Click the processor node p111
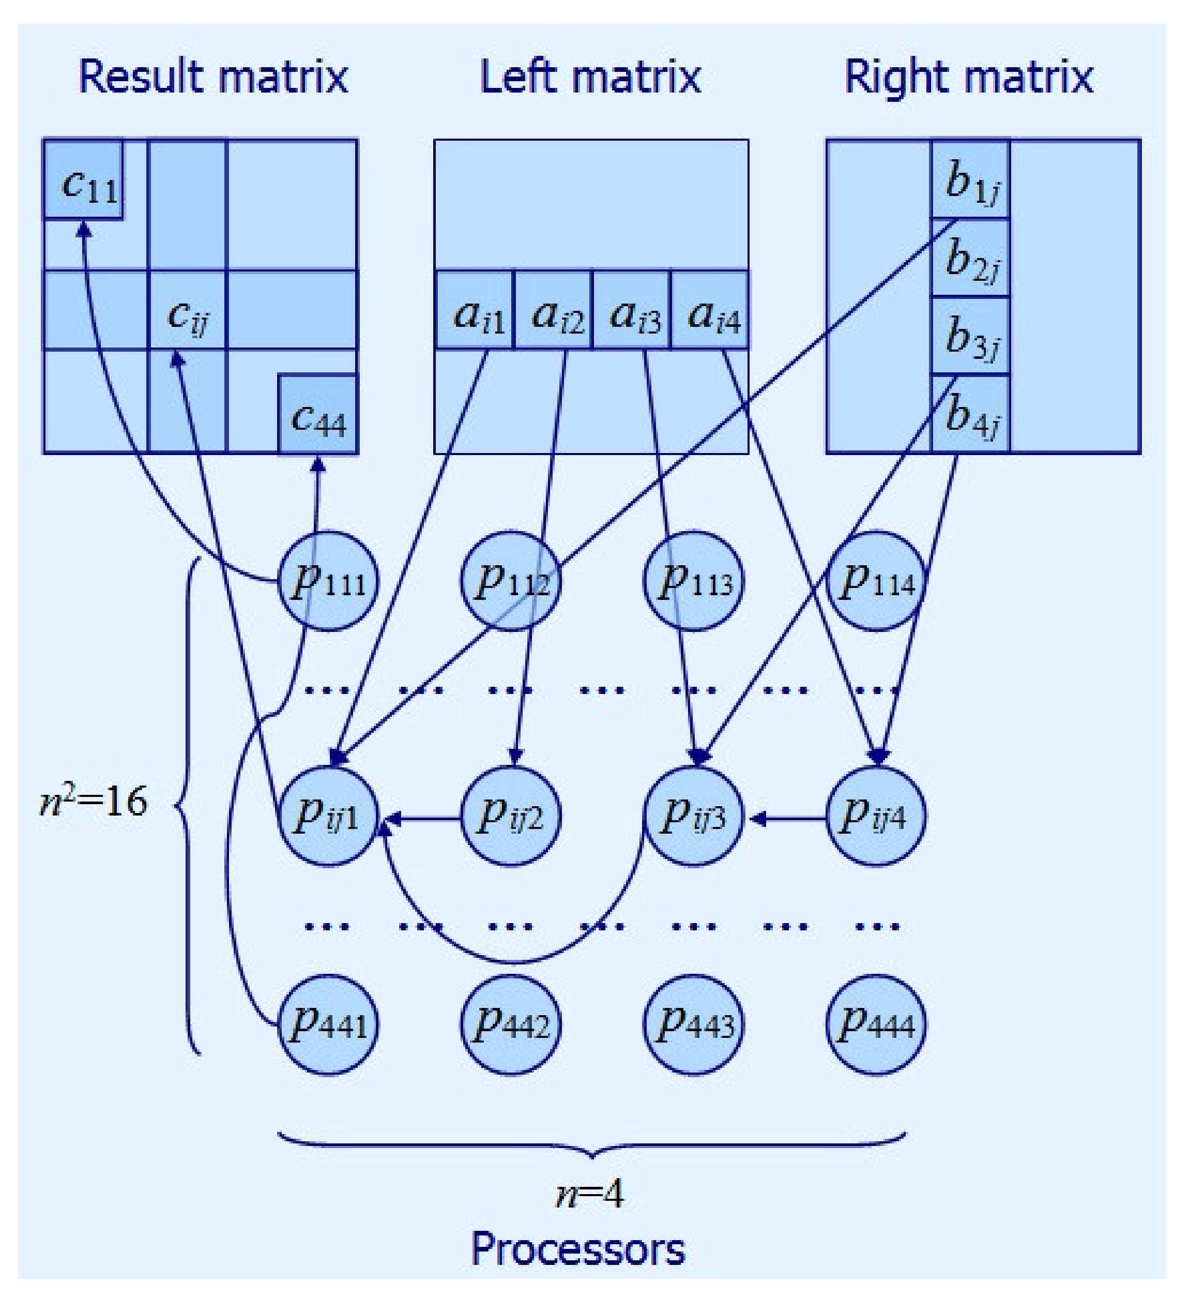(327, 581)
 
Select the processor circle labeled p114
(876, 581)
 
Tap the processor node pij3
(694, 816)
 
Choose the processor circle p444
(876, 1024)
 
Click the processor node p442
(511, 1024)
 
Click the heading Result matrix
(213, 77)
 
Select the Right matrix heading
(969, 77)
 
